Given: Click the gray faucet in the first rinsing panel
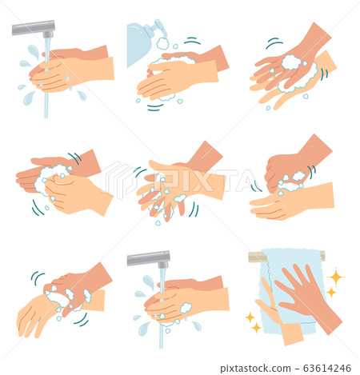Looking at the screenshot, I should [x=32, y=28].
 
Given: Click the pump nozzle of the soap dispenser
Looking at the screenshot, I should [x=160, y=30].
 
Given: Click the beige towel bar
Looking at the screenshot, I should [x=286, y=256].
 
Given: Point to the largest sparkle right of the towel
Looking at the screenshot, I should [x=335, y=277].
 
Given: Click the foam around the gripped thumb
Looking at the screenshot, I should [x=291, y=180].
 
